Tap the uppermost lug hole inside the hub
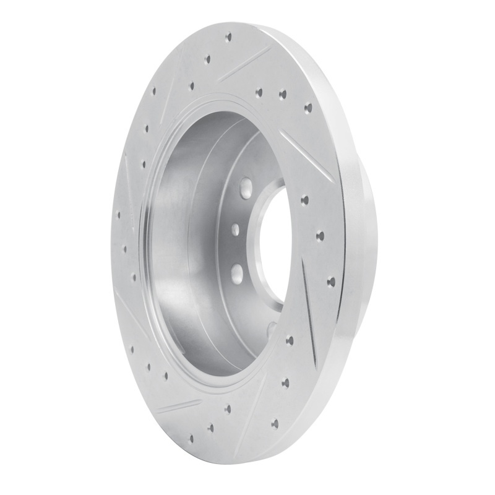pos(245,186)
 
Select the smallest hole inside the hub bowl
pos(236,230)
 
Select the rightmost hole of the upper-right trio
pos(308,108)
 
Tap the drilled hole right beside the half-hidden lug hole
pos(290,338)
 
